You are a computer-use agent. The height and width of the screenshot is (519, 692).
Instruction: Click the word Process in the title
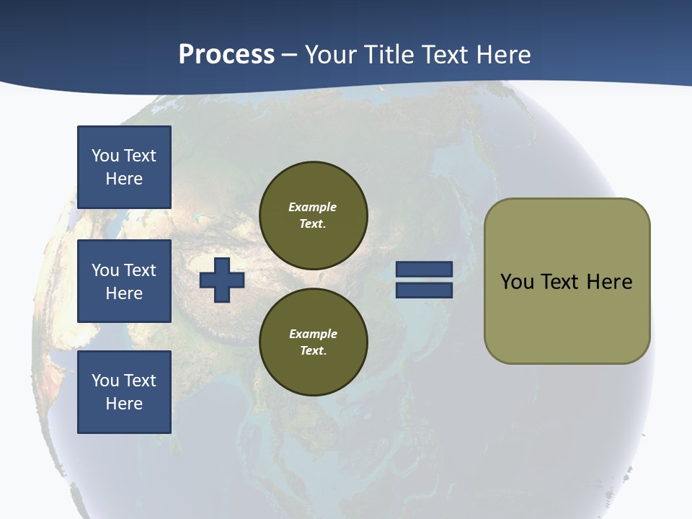pos(226,55)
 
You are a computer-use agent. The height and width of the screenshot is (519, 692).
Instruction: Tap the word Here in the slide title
pos(502,55)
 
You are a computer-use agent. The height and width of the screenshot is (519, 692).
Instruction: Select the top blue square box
pos(124,167)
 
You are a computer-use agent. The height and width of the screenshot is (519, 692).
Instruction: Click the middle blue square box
pos(124,281)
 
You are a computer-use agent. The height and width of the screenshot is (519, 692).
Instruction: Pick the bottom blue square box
pos(124,392)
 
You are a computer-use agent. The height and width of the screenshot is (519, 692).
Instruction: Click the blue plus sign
pos(222,280)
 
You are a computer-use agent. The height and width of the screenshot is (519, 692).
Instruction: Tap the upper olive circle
pos(314,216)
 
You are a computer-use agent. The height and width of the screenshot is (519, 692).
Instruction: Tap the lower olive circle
pos(314,342)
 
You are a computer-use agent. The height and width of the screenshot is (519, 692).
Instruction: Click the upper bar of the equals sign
pos(425,269)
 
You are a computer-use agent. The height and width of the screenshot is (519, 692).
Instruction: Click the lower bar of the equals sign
pos(425,290)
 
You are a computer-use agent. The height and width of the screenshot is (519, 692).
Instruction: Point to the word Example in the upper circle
pos(312,208)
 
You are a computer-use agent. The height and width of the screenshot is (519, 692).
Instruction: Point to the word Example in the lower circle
pos(313,334)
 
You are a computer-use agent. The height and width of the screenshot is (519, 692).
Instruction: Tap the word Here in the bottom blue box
pos(124,404)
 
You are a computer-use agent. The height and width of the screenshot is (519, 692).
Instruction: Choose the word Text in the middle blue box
pos(139,270)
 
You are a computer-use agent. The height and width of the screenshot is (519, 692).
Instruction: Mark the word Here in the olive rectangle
pos(609,282)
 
